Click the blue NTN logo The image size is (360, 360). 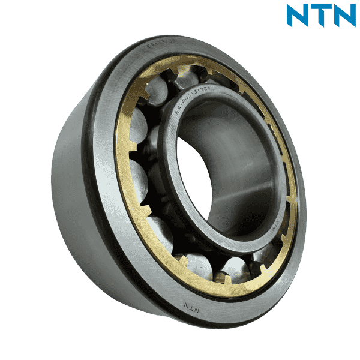(x=321, y=16)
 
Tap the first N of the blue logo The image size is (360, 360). (x=298, y=16)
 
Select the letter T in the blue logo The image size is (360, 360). (x=320, y=16)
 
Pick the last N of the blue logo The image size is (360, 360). (x=344, y=16)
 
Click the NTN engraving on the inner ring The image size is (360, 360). (x=271, y=223)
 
